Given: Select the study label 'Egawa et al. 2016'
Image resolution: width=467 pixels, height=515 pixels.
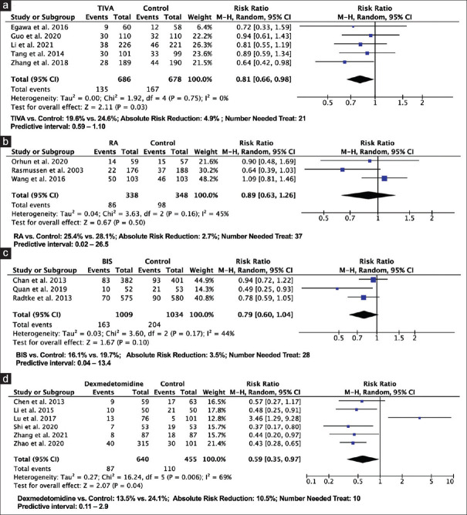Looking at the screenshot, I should pos(36,25).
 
